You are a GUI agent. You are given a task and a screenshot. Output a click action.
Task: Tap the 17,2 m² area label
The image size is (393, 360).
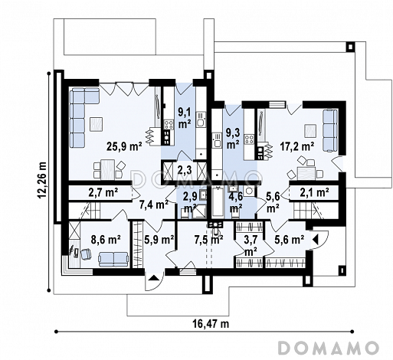[297, 146]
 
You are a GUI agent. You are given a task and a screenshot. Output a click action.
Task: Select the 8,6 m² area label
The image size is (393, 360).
[106, 240]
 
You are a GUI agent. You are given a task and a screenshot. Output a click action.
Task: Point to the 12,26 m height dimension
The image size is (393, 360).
[42, 180]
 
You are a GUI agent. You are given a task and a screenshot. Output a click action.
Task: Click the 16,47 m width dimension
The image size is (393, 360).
[211, 324]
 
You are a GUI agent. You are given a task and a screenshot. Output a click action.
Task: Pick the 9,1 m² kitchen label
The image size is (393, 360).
[185, 118]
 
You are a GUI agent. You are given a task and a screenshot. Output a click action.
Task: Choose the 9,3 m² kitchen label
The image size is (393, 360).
[233, 138]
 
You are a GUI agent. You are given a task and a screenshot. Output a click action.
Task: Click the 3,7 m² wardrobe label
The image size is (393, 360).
[251, 246]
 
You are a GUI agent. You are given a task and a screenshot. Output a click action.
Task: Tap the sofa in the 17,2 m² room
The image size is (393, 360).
[331, 131]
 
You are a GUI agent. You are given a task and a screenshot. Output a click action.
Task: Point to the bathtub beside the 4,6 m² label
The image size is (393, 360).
[218, 202]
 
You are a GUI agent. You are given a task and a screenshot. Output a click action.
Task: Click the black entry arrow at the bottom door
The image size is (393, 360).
[153, 278]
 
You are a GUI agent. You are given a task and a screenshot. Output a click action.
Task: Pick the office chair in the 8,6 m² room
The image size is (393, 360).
[86, 254]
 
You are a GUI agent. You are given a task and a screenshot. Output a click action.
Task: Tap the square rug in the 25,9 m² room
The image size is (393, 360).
[96, 124]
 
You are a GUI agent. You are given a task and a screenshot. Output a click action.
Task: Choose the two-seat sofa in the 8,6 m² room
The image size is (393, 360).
[113, 259]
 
